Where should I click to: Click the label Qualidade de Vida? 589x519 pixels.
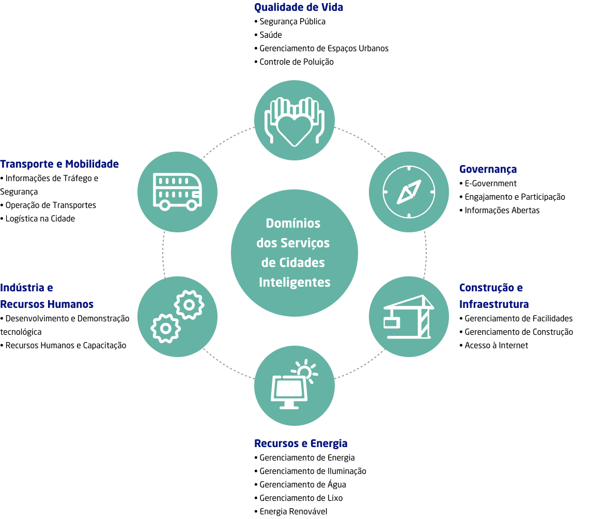pos(298,7)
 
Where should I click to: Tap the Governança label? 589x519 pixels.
pos(488,169)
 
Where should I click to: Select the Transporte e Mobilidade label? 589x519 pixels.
pos(59,164)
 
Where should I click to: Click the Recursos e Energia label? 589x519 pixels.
pos(301,443)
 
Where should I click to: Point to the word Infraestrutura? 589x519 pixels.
pos(494,304)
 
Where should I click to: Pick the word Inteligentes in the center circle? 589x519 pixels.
pos(295,283)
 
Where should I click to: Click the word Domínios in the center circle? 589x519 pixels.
pos(293,224)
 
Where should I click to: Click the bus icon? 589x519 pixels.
pos(177,191)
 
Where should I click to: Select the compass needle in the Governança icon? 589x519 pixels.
pos(409,192)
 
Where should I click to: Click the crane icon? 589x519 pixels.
pos(409,317)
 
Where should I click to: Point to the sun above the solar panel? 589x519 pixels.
pos(304,372)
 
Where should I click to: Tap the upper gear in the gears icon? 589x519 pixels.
pos(189,305)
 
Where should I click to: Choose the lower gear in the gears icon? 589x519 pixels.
pos(165,328)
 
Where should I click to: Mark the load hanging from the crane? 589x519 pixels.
pos(391,323)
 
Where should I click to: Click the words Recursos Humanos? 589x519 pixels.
pos(47,304)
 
